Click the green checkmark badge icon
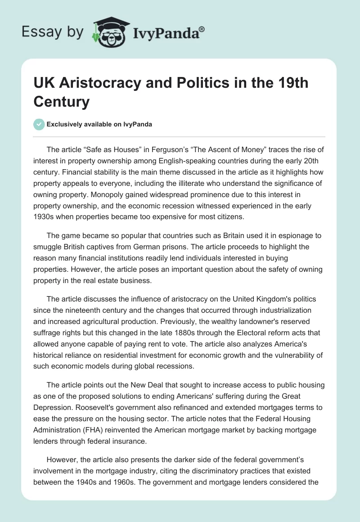(39, 124)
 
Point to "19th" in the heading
(289, 84)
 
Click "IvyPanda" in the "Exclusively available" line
(138, 125)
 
